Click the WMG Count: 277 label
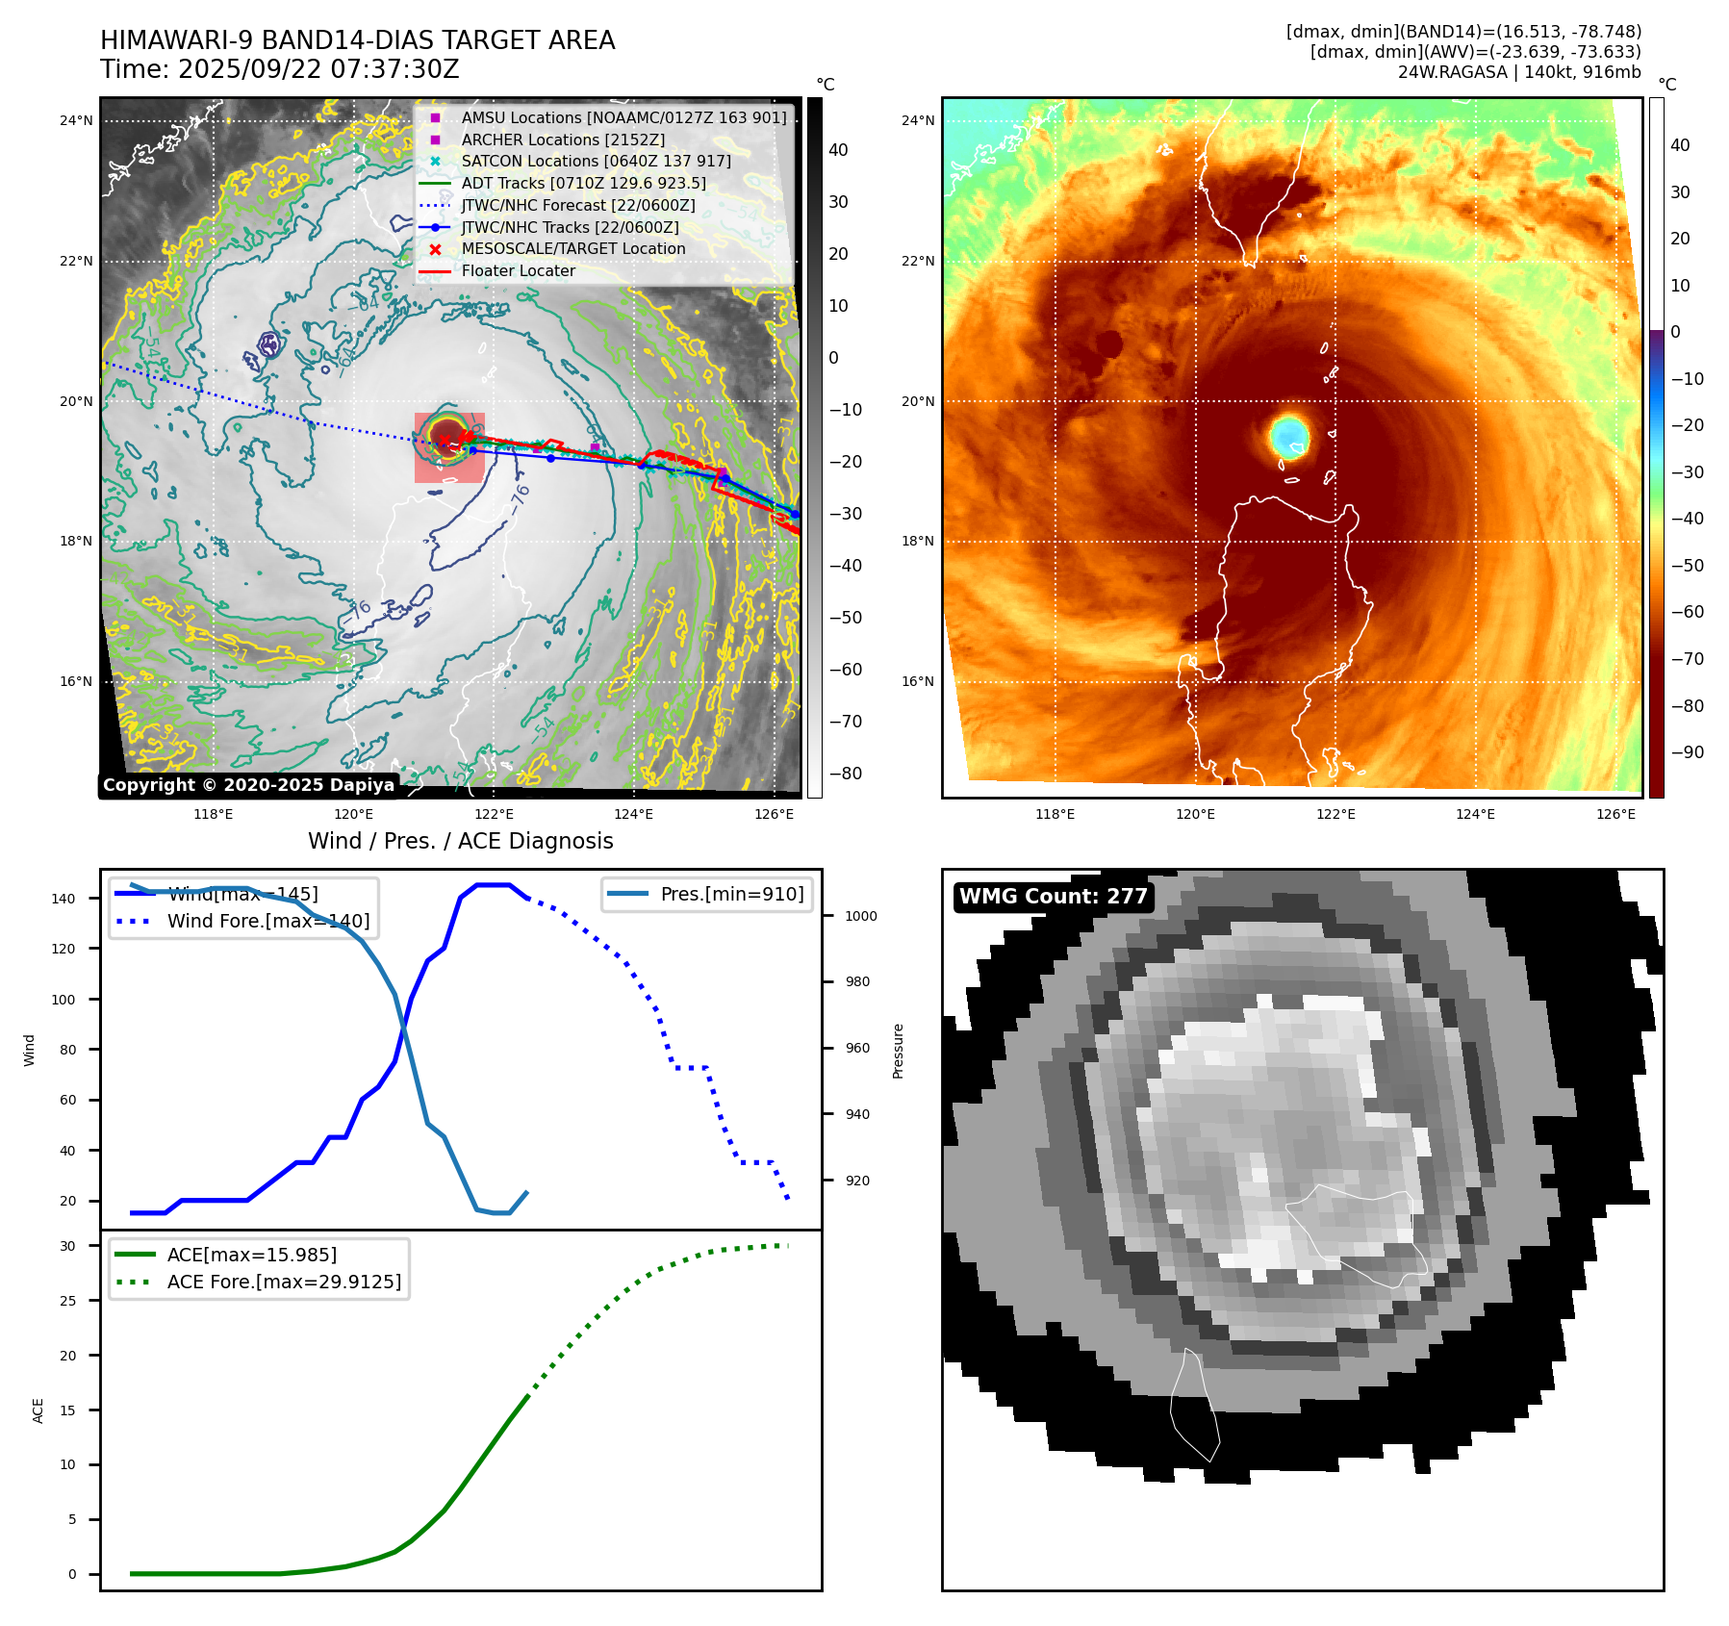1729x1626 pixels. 1054,897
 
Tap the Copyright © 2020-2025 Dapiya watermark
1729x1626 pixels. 248,785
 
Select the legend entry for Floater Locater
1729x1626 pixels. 518,271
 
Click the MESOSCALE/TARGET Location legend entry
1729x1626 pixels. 573,249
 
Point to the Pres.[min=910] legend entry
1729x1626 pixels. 731,895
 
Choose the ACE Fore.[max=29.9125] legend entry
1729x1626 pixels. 284,1282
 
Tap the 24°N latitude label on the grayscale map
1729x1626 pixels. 76,121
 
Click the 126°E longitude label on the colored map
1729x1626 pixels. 1615,815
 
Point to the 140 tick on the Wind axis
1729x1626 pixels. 64,899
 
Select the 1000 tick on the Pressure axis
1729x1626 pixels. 860,917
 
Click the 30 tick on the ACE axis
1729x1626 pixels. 67,1246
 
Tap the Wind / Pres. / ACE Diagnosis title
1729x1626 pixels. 460,841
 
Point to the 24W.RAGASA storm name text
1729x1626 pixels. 1452,72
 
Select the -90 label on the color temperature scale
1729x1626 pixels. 1687,752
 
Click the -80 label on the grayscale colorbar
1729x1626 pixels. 846,774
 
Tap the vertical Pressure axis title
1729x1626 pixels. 899,1051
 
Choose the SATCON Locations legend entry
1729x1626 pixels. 596,162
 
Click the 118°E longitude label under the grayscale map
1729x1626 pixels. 213,815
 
